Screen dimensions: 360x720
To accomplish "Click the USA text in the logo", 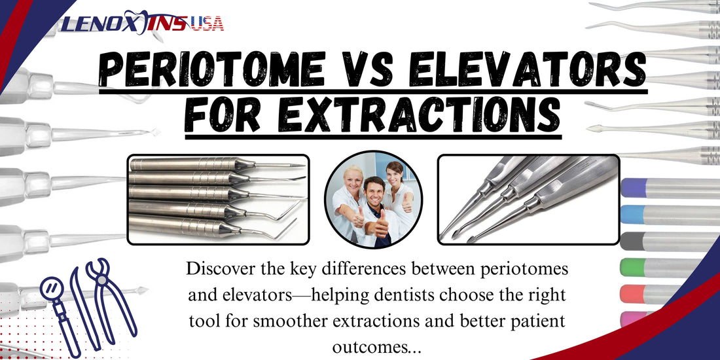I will pyautogui.click(x=207, y=24).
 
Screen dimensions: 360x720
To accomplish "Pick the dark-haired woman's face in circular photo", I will pyautogui.click(x=395, y=175).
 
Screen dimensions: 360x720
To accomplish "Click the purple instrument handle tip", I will pyautogui.click(x=631, y=188).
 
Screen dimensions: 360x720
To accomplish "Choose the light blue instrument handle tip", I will pyautogui.click(x=631, y=214).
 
